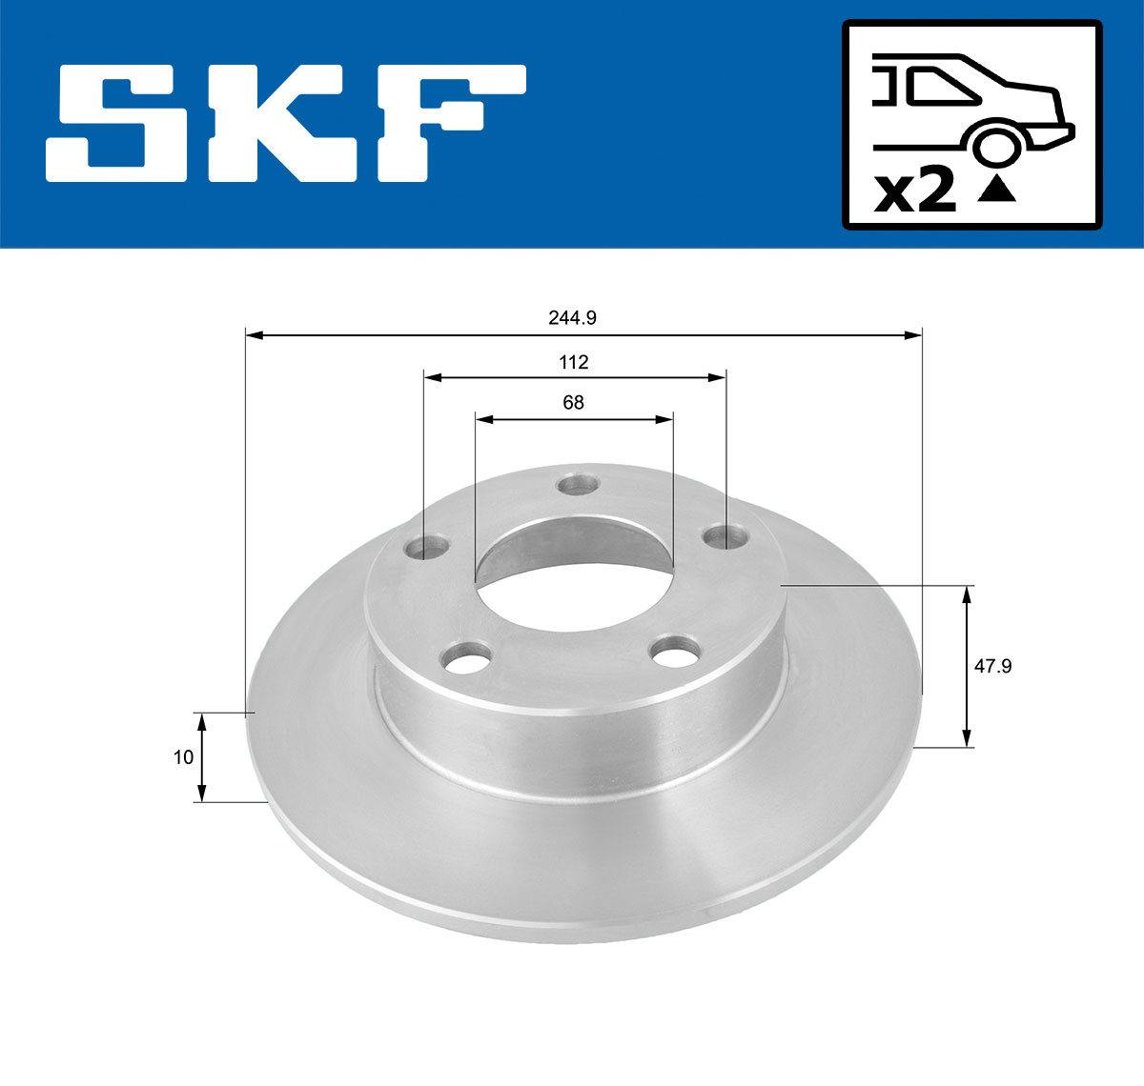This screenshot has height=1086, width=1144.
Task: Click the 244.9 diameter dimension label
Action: [x=572, y=318]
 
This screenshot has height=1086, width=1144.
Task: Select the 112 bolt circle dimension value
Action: [x=574, y=362]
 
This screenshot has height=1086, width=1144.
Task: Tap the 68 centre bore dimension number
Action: [x=573, y=402]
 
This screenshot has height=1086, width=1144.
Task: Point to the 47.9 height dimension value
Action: [x=992, y=667]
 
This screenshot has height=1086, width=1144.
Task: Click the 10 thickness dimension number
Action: [x=184, y=757]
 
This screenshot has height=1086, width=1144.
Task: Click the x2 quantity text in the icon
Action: [x=915, y=190]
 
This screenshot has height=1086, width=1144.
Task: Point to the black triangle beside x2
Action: [x=997, y=189]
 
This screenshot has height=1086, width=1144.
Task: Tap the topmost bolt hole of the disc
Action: [x=576, y=485]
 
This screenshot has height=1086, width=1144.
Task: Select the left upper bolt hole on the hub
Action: [x=426, y=548]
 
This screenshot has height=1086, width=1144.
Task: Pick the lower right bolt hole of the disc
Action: [x=675, y=653]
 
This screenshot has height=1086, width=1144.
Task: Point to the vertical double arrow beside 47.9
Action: [x=967, y=667]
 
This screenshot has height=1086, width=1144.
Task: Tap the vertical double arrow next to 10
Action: [x=201, y=757]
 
